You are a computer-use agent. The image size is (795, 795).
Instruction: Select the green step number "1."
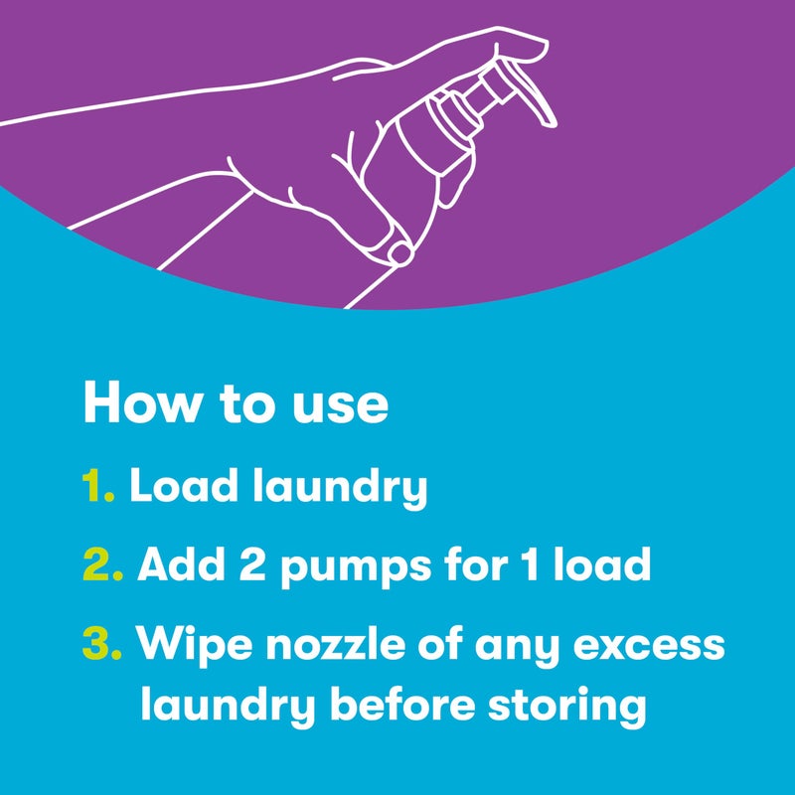(x=98, y=487)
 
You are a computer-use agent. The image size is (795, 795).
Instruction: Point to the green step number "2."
(x=102, y=565)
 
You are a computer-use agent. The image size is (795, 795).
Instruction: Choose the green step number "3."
(x=102, y=644)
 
